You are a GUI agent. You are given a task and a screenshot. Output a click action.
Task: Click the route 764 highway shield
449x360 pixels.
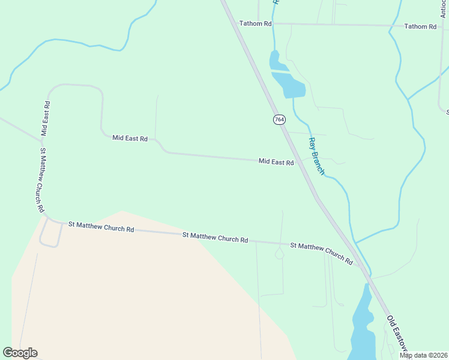coord(279,119)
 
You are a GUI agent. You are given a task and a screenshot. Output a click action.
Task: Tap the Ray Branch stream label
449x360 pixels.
coord(316,156)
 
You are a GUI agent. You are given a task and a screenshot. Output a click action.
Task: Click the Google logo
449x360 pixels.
coord(20,353)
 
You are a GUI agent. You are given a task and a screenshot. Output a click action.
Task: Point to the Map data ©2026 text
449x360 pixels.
coord(423,355)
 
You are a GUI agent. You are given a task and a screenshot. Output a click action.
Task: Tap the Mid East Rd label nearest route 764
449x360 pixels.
coord(276,162)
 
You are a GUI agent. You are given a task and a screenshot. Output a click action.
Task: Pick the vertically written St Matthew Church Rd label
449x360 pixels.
coord(41,180)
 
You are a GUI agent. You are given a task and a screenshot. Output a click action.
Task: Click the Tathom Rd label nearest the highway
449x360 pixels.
coord(256,23)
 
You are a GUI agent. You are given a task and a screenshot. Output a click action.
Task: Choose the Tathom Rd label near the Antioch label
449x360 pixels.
coord(420,26)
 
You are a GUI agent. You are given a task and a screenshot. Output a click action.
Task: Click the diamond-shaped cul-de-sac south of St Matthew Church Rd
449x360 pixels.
coord(279,254)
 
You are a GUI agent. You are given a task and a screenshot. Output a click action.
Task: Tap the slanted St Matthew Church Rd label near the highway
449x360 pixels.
coord(322,253)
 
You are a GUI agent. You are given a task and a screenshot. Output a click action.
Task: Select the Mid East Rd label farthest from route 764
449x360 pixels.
coord(130,138)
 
